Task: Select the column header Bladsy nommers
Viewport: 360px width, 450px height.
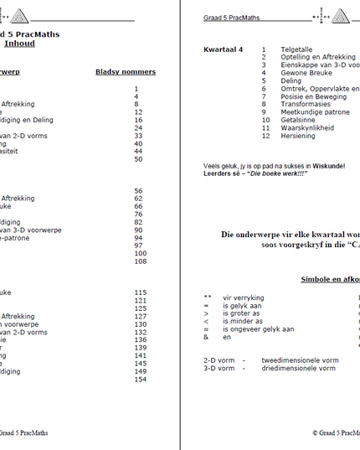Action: pyautogui.click(x=125, y=72)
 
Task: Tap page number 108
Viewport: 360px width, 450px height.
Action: pyautogui.click(x=139, y=261)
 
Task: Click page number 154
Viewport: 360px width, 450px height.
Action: pyautogui.click(x=139, y=379)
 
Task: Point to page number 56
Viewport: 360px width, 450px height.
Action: pyautogui.click(x=137, y=190)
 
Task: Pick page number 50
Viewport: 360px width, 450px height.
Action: pyautogui.click(x=137, y=159)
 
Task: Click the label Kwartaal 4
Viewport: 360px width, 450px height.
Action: pyautogui.click(x=224, y=49)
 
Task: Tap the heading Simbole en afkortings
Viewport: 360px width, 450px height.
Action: pyautogui.click(x=331, y=278)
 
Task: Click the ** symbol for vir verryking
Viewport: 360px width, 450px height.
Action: pyautogui.click(x=207, y=297)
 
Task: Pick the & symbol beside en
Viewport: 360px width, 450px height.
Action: pyautogui.click(x=206, y=337)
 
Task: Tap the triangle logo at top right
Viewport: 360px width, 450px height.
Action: pyautogui.click(x=342, y=17)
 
